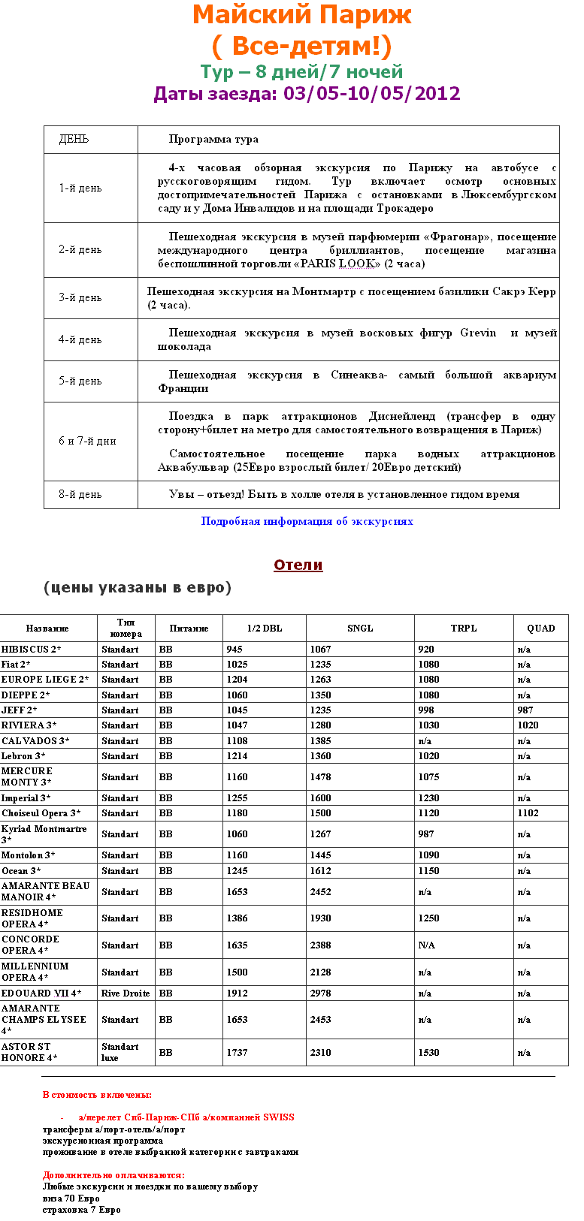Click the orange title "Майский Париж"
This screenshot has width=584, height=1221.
point(302,14)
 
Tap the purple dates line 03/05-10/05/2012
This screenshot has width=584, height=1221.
point(307,93)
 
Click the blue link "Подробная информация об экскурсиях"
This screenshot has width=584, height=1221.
point(307,521)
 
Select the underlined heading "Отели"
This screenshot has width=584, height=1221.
point(298,565)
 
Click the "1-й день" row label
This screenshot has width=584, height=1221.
point(80,188)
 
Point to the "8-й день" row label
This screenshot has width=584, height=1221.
point(80,495)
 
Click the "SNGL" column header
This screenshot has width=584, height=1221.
point(360,629)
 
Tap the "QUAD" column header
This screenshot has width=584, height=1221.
point(540,629)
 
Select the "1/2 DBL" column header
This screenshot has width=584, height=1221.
point(265,629)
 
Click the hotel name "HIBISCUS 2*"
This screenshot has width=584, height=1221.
point(32,650)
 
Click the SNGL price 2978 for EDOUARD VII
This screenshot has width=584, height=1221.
point(321,993)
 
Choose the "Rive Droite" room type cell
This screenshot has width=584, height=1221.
point(126,993)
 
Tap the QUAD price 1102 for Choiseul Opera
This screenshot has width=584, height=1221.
point(528,813)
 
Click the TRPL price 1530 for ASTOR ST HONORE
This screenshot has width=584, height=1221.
point(429,1053)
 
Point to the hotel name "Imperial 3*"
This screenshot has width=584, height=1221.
point(26,798)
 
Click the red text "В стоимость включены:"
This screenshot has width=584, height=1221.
point(97,1095)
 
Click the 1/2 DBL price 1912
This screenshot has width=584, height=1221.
point(238,993)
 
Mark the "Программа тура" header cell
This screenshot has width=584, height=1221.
point(213,140)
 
